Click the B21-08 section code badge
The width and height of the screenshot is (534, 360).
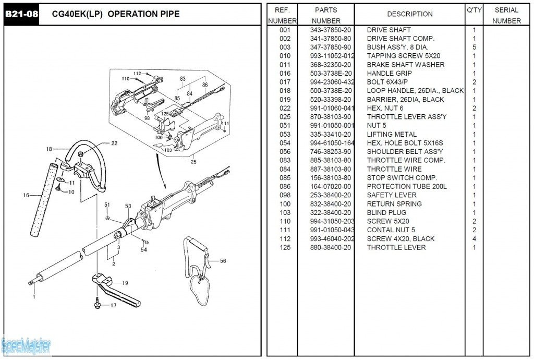21,14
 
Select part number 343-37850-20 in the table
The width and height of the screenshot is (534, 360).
330,30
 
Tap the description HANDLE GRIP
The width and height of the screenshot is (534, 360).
389,74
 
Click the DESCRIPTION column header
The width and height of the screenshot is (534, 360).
409,14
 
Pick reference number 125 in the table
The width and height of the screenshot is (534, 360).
285,247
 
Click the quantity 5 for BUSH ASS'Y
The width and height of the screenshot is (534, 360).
474,47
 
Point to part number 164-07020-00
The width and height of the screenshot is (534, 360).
330,187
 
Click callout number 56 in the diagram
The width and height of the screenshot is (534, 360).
223,261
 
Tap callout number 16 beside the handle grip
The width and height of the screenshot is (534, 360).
26,196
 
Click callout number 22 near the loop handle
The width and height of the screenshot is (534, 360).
114,143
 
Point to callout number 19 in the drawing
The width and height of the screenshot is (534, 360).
125,283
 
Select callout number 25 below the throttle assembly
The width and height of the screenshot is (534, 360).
194,162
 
